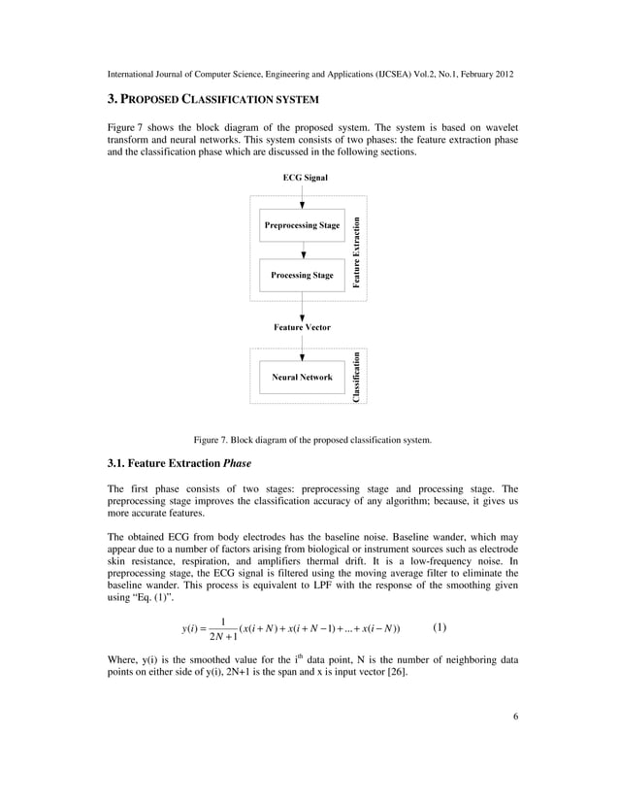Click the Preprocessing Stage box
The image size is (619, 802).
tap(302, 225)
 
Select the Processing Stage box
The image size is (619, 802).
tap(302, 275)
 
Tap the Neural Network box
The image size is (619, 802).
tap(302, 377)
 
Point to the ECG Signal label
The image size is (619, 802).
tap(305, 178)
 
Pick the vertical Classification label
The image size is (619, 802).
tap(357, 377)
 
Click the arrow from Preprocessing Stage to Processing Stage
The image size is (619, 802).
tap(305, 251)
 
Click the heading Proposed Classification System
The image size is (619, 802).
tap(212, 100)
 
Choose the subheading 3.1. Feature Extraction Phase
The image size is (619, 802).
tap(179, 463)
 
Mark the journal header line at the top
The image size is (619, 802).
tap(309, 74)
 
